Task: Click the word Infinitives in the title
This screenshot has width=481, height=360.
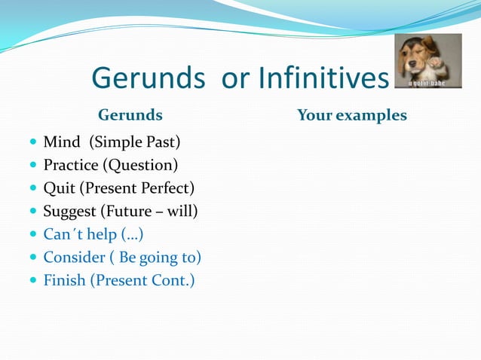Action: [323, 78]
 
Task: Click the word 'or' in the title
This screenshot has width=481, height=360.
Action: [234, 78]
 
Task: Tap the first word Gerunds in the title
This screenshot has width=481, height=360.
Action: [149, 78]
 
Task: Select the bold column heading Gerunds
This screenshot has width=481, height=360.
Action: [130, 115]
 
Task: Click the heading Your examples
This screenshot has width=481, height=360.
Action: [351, 115]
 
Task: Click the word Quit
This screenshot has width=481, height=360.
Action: [59, 188]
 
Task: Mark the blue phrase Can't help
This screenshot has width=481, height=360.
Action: [80, 234]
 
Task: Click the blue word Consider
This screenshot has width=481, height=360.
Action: [74, 258]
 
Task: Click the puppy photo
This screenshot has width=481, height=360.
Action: [429, 61]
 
